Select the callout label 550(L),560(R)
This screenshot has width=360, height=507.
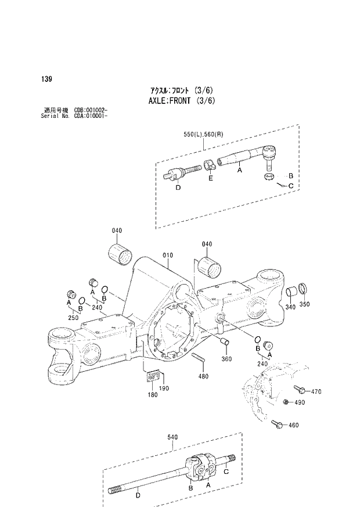point(203,134)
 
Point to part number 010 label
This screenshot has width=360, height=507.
point(168,254)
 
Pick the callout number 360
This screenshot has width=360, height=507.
point(226,359)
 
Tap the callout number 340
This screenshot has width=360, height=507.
point(290,306)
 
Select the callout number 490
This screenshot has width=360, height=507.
point(299,402)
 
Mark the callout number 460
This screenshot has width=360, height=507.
point(293,425)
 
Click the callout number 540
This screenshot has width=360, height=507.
point(172,437)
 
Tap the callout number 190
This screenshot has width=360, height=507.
point(164,388)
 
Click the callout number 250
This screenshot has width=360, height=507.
point(73,318)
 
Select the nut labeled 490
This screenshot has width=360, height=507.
point(286,402)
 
